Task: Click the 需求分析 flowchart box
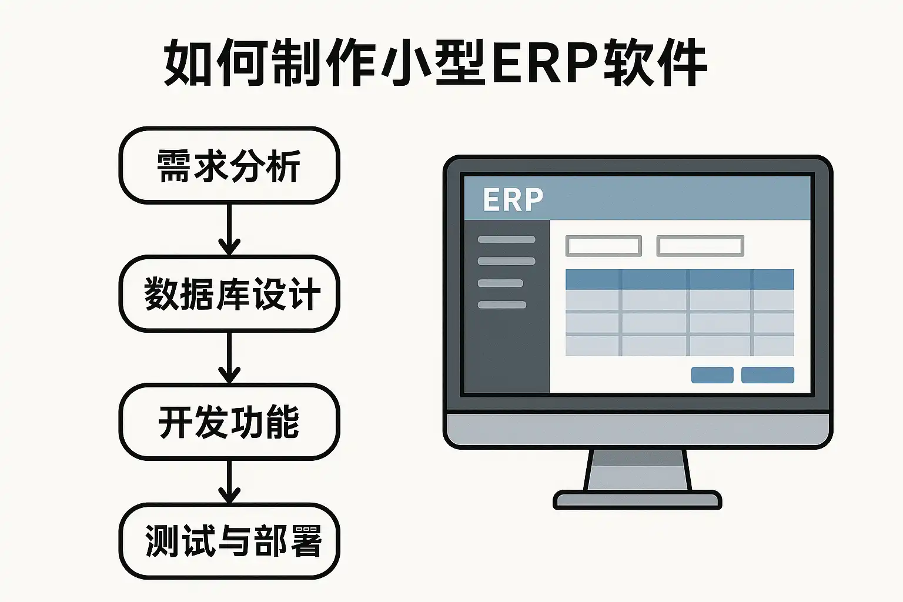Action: [229, 165]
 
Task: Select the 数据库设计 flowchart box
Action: [229, 293]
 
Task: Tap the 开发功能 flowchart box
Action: [229, 422]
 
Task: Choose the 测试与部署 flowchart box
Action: [229, 541]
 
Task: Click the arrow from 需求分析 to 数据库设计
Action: [229, 229]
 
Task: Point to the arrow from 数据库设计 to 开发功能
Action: [229, 357]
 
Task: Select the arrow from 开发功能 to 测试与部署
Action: [229, 481]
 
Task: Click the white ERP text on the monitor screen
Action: [513, 200]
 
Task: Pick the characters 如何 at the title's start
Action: [218, 62]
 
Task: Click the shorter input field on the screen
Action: [604, 246]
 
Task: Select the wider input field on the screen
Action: [700, 246]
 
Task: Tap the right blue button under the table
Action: [768, 375]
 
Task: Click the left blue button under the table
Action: [713, 375]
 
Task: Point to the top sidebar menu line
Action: [506, 239]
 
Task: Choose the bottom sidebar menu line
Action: [502, 305]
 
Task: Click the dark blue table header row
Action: [680, 279]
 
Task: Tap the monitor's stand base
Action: [637, 500]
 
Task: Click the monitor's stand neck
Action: [637, 470]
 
